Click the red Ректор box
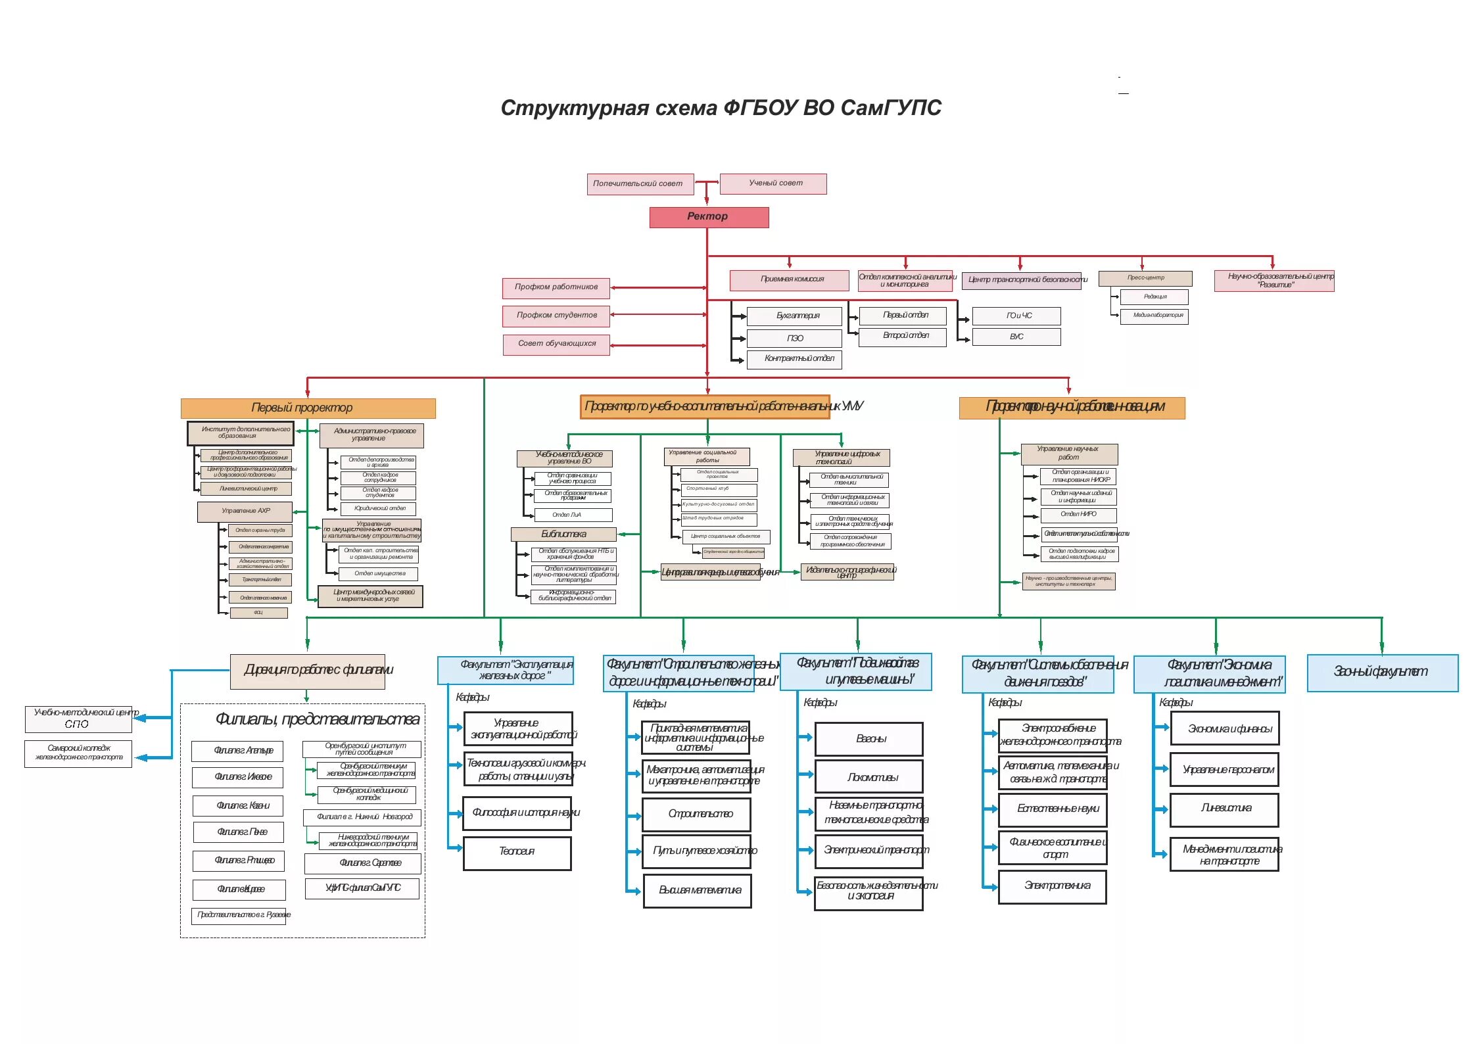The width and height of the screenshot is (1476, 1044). [x=709, y=217]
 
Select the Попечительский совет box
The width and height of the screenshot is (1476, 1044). [x=640, y=184]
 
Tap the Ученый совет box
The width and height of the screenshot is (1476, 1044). [x=773, y=183]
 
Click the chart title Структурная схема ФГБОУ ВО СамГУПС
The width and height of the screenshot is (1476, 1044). [x=721, y=107]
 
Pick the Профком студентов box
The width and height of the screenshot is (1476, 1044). [x=556, y=316]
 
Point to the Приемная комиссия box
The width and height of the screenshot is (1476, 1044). [x=789, y=280]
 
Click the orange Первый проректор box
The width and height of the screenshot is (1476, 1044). [x=308, y=408]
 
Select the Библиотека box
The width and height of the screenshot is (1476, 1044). [x=563, y=534]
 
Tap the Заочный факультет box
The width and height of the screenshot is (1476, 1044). [x=1382, y=673]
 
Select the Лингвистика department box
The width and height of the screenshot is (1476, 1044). [x=1224, y=809]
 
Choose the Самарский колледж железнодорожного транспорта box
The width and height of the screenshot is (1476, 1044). [x=78, y=753]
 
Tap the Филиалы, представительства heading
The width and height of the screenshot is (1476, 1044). [x=317, y=720]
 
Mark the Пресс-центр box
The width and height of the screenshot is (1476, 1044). [x=1145, y=278]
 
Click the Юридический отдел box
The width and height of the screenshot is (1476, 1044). [x=378, y=509]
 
